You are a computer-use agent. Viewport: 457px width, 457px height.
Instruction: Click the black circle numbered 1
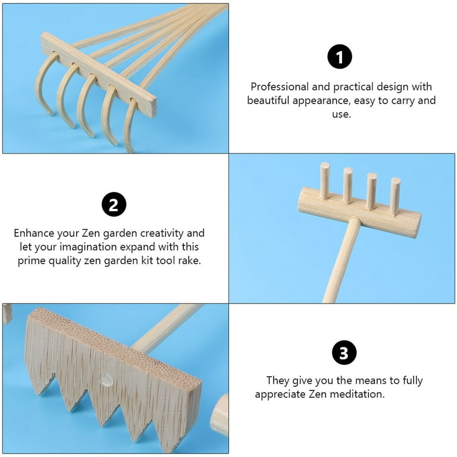[x=340, y=57]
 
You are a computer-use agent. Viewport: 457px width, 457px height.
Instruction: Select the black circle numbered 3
[x=344, y=353]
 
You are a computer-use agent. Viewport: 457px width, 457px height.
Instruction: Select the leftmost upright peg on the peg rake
[x=324, y=180]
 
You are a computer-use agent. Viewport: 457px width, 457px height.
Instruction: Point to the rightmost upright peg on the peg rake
[x=395, y=196]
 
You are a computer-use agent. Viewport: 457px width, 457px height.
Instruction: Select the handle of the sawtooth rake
[x=167, y=328]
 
